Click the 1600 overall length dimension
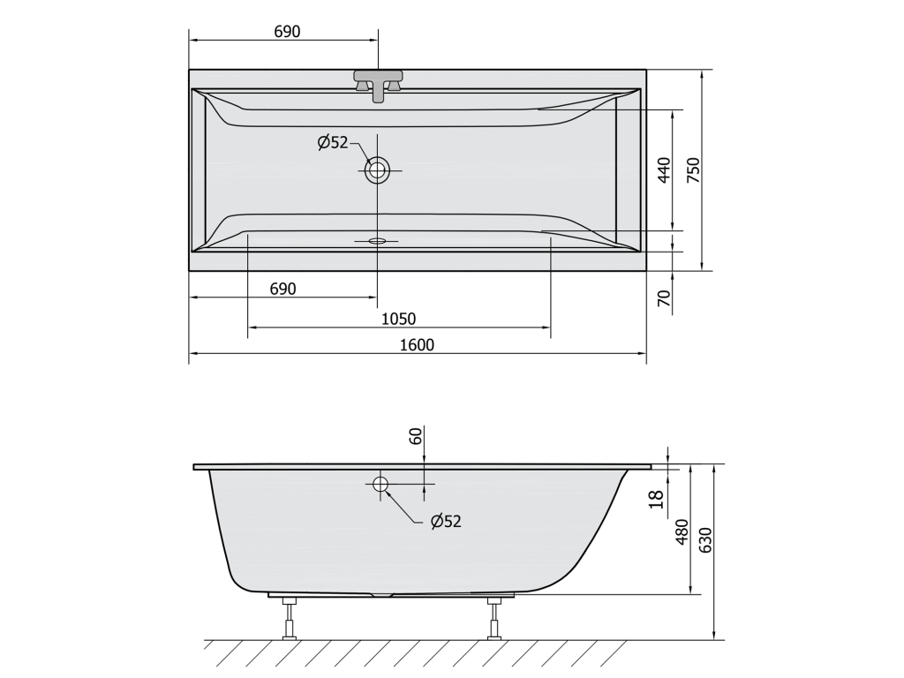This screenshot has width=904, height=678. (x=417, y=345)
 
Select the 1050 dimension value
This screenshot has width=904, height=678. (x=398, y=318)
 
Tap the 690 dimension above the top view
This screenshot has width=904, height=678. (x=287, y=31)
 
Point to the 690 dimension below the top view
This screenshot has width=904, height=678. (x=282, y=289)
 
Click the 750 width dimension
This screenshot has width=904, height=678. (x=693, y=170)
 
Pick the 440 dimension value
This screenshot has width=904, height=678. (x=664, y=170)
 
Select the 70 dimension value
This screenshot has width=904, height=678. (x=664, y=298)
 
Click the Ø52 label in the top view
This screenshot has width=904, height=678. (x=333, y=142)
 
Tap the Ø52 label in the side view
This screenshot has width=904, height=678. (x=446, y=521)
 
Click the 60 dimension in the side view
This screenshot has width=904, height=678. (x=416, y=436)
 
